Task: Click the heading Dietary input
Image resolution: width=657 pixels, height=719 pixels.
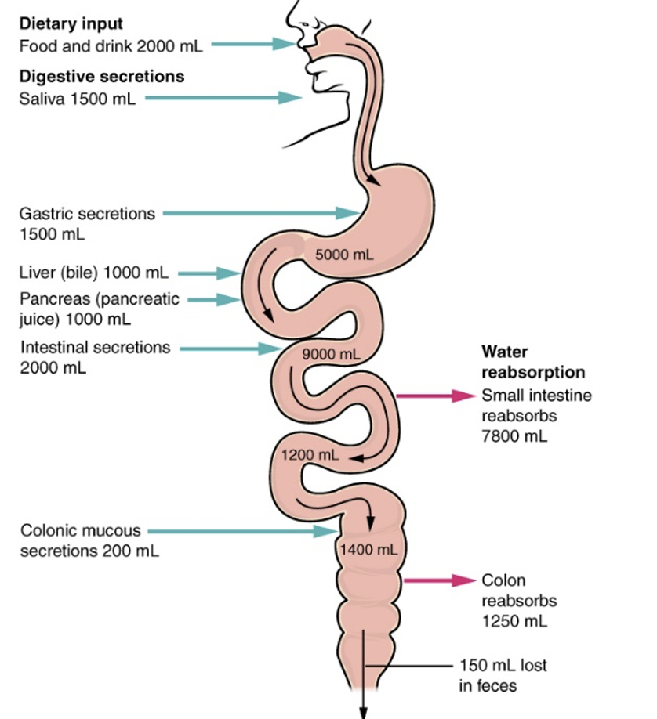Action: pos(71,23)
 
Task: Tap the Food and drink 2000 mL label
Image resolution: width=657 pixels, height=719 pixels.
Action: pos(111,45)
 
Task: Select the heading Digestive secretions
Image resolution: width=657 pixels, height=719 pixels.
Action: pos(102,76)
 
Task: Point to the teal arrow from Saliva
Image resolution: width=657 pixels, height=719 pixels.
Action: pos(223,98)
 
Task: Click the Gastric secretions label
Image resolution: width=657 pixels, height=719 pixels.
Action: pos(87,213)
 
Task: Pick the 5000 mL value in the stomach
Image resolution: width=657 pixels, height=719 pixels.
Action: pos(344,255)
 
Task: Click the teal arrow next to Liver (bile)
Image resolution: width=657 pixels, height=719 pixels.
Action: pos(209,273)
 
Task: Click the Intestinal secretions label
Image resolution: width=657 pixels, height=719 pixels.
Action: pos(94,348)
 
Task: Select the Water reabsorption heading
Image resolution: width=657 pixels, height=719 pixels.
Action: pos(533,361)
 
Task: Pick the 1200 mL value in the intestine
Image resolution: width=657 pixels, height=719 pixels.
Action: pos(310,455)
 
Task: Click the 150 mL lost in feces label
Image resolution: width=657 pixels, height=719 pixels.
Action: pos(503,675)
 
